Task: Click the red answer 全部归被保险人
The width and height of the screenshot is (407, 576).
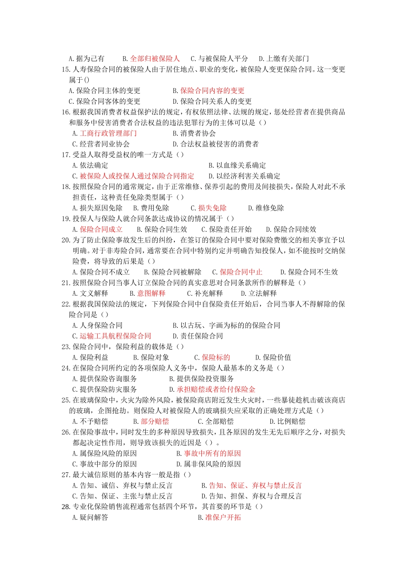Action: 155,59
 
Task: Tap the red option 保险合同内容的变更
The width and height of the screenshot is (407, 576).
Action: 212,91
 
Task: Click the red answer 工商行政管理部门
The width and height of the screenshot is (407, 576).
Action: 108,134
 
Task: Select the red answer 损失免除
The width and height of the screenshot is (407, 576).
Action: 212,208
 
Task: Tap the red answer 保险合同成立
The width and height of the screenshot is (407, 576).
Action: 101,230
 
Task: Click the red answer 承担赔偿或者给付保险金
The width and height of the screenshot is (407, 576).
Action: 216,390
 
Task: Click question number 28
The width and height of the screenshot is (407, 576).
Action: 66,507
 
